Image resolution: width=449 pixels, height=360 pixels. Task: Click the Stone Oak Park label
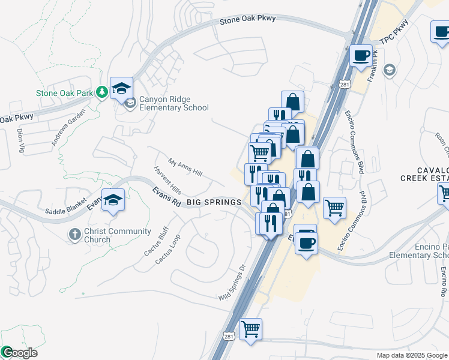(65, 93)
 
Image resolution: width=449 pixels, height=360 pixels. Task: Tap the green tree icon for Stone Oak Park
(103, 92)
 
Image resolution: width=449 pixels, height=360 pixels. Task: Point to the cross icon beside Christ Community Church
(74, 234)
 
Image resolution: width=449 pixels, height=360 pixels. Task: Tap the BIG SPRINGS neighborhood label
(214, 203)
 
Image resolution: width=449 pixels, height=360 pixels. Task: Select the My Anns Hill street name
(185, 167)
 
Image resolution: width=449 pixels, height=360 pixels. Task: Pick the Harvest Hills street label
(167, 180)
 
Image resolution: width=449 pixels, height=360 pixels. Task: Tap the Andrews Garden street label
(65, 131)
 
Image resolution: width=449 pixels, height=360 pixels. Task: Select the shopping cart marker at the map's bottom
(250, 329)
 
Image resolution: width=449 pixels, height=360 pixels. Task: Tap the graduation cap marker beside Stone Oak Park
(121, 89)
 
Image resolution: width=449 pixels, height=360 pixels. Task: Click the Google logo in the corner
(19, 353)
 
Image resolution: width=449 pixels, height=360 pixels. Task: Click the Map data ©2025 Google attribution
(412, 355)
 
